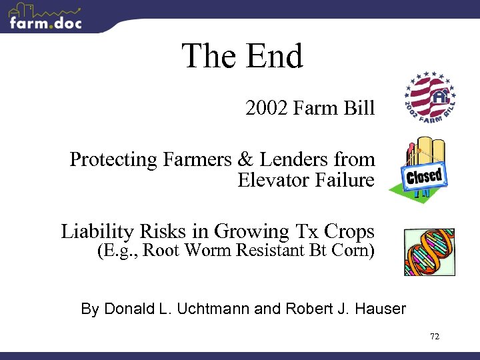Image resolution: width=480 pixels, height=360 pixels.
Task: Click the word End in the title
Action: tap(275, 56)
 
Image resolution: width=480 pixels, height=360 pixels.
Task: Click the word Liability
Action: tap(98, 231)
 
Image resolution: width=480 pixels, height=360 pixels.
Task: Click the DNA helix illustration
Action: tap(429, 251)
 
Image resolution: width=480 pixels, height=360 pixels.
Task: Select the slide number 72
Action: tap(435, 337)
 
